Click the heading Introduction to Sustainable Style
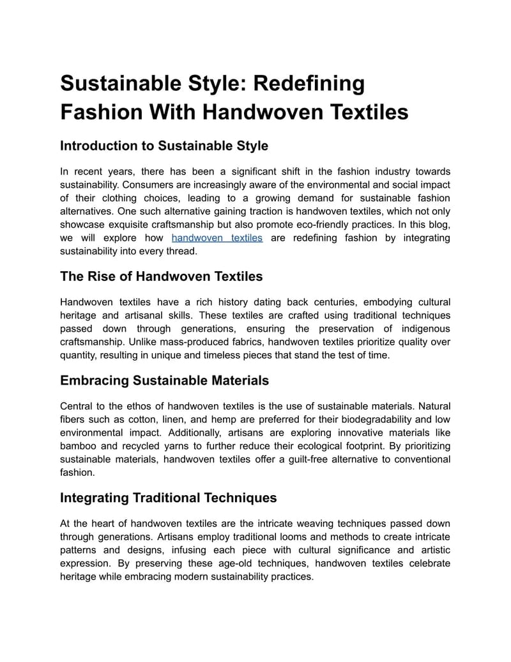click(164, 146)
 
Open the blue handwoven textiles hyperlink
click(217, 238)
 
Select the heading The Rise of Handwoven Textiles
click(161, 276)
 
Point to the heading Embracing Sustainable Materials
click(164, 380)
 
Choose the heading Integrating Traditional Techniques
click(168, 497)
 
